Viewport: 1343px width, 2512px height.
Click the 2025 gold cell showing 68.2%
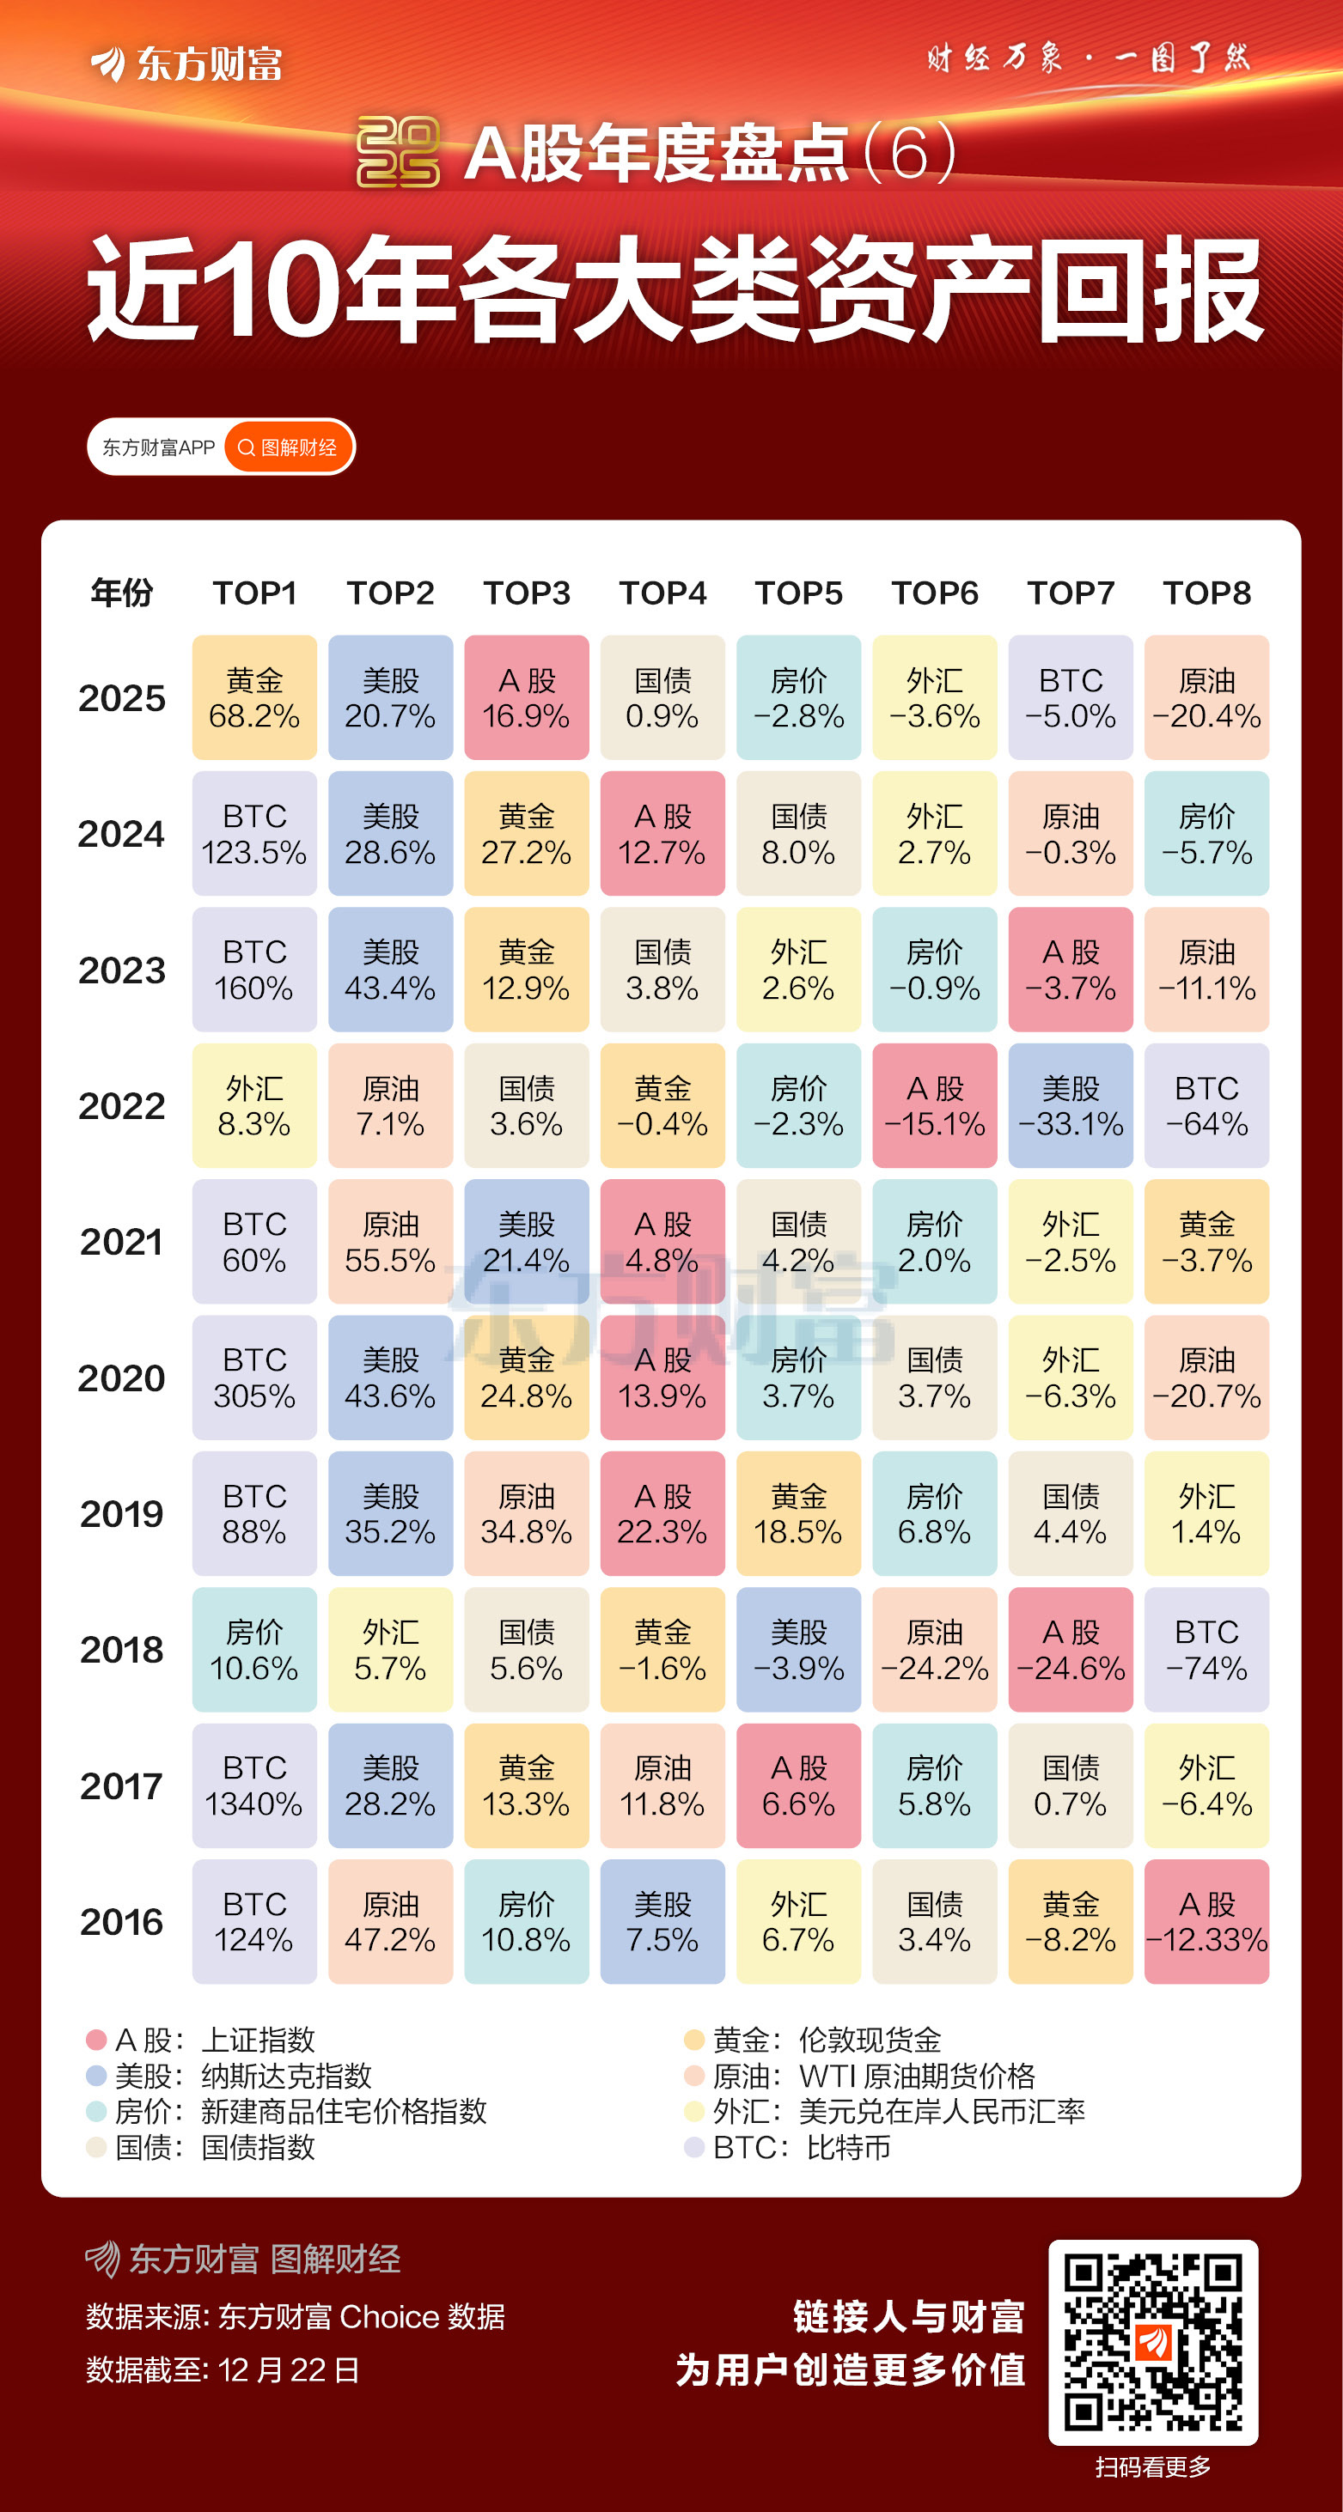(253, 697)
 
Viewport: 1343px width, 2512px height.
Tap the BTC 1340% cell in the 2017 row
(253, 1785)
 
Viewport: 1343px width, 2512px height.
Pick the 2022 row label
(122, 1106)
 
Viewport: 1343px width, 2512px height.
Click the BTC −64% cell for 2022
(1206, 1106)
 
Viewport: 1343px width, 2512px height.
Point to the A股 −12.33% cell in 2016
(1206, 1921)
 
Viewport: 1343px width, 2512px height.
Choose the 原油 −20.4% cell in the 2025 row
(1206, 697)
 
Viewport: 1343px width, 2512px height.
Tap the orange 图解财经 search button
(289, 447)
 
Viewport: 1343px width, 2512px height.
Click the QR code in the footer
(1153, 2342)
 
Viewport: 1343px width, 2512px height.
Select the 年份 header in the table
(122, 593)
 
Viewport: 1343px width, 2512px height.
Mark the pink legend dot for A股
(95, 2040)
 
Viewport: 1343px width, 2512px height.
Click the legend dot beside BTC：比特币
(693, 2147)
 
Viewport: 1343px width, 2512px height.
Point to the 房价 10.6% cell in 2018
(253, 1649)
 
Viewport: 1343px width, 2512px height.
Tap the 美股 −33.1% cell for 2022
(1070, 1106)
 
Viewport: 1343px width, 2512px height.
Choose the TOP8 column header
(1206, 593)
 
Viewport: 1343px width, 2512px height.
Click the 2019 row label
(122, 1513)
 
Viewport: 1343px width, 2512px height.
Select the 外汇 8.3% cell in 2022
(253, 1106)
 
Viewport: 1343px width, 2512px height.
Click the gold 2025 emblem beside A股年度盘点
(398, 152)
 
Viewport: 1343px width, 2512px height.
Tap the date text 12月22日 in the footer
(289, 2369)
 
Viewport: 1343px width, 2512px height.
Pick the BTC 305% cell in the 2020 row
(253, 1377)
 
